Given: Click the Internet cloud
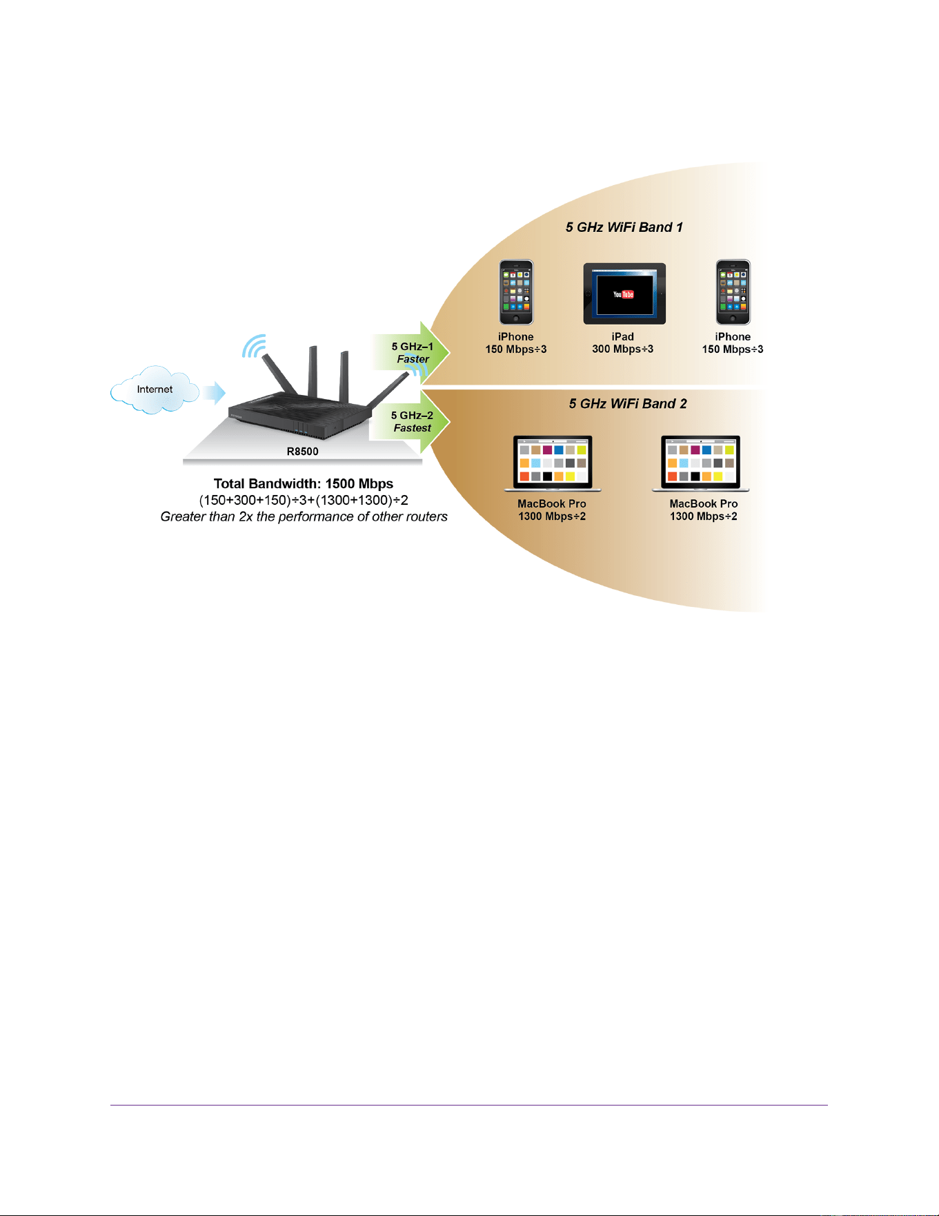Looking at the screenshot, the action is point(155,390).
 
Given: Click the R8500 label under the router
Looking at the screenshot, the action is point(303,452).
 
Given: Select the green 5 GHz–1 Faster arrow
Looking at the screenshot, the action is point(411,352).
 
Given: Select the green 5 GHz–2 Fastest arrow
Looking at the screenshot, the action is point(411,421).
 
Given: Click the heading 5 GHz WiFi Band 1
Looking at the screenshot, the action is point(624,227).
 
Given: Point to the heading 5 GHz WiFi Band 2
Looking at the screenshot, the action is point(628,404).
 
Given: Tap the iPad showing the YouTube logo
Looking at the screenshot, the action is point(624,293).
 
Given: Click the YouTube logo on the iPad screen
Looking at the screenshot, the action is point(624,294).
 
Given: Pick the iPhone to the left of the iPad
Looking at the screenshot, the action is point(516,292).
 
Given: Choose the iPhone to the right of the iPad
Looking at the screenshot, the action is point(733,292).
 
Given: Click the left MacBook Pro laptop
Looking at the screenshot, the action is point(553,463).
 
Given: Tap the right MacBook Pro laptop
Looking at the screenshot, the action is point(700,463).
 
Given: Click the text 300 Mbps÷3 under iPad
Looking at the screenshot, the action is point(622,349).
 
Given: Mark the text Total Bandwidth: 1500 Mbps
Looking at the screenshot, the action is point(304,484).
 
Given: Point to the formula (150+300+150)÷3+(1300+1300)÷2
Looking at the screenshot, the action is point(304,500).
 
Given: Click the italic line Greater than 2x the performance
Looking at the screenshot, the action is point(304,517).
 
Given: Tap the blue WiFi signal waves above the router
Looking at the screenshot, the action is point(254,347).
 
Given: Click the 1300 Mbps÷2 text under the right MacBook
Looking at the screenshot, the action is point(704,517).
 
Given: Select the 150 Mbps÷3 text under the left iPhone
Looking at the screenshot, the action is point(516,349).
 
